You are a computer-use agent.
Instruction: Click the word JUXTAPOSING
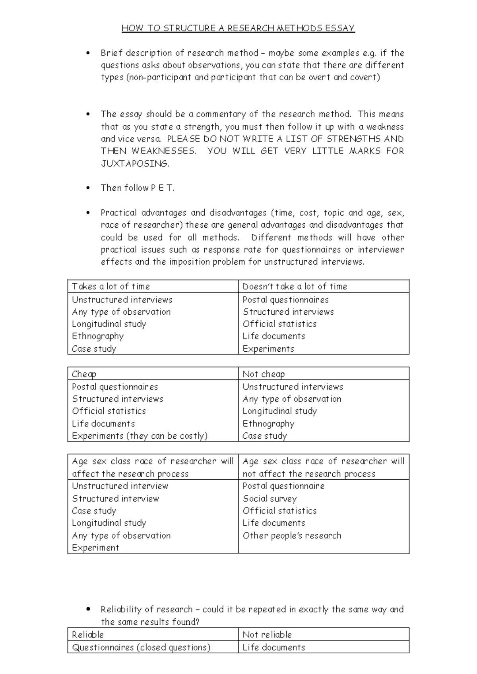click(x=135, y=164)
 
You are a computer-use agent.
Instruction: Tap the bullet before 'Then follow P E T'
click(x=88, y=188)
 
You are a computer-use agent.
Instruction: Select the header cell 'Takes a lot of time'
click(x=111, y=287)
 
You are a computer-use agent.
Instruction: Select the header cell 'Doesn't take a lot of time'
click(x=295, y=287)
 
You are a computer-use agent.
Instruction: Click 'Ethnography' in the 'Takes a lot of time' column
click(x=98, y=336)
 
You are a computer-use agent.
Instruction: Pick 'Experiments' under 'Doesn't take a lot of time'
click(x=268, y=349)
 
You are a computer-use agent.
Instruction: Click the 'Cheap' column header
click(x=84, y=374)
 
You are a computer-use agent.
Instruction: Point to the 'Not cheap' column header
click(x=264, y=374)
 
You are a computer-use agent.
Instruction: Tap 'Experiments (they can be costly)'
click(x=140, y=436)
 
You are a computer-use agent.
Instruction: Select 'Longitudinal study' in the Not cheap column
click(x=280, y=411)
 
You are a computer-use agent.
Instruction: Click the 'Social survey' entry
click(x=270, y=499)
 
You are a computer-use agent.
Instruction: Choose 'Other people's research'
click(x=292, y=536)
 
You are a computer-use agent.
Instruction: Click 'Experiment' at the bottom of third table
click(x=95, y=548)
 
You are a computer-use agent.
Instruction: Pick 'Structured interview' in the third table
click(x=116, y=499)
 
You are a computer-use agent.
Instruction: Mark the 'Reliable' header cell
click(x=88, y=635)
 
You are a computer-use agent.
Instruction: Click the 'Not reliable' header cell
click(x=267, y=635)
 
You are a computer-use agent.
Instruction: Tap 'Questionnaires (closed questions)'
click(x=141, y=647)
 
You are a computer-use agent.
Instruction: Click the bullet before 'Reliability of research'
click(x=88, y=609)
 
